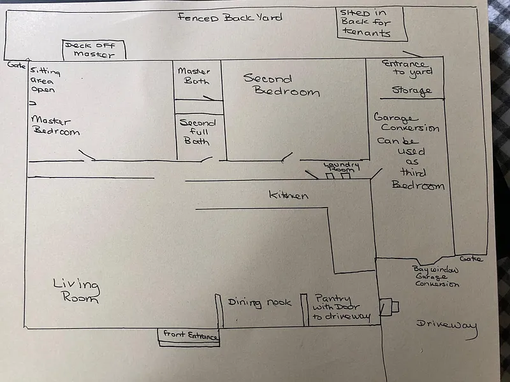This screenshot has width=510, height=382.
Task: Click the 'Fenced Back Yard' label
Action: point(229,17)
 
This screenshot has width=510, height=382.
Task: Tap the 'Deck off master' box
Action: point(94,50)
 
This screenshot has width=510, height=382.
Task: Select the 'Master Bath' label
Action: point(193,76)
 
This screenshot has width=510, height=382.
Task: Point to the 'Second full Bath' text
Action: point(198,132)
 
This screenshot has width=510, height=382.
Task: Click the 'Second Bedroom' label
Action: point(280,85)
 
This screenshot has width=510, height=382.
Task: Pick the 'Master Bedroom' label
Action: point(55,125)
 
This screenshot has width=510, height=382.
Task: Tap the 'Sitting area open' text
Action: point(45,81)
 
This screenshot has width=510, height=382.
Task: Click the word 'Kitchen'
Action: point(288,195)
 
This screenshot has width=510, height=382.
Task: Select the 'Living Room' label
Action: point(76,291)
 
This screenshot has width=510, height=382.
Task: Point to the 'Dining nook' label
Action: point(259,302)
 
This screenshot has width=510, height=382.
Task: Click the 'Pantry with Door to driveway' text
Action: point(342,307)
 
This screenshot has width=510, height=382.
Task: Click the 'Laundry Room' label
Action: point(342,167)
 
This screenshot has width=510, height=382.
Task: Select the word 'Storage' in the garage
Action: point(411,90)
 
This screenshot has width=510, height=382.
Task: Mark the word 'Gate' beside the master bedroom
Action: point(15,65)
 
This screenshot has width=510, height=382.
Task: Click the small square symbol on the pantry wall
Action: point(389,307)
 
